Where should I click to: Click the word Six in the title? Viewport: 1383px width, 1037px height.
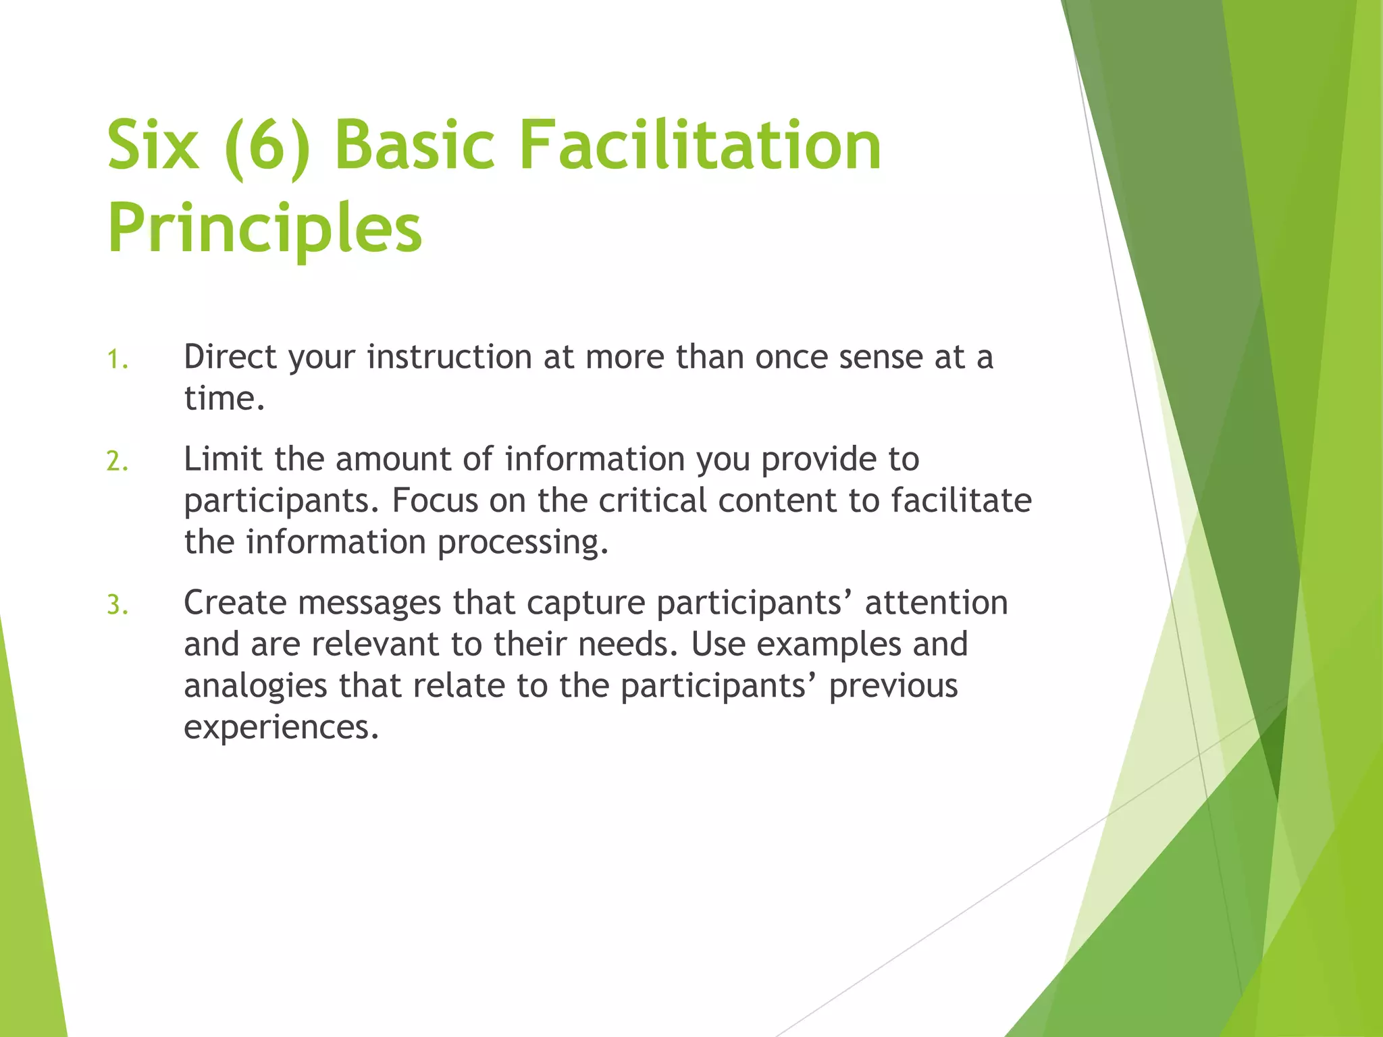[x=153, y=145]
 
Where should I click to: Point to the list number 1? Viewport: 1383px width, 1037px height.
[x=117, y=359]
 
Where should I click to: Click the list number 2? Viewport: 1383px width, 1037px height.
[x=117, y=462]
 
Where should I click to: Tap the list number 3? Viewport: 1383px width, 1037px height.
[x=117, y=605]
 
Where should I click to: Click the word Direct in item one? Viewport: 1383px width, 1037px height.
[x=230, y=356]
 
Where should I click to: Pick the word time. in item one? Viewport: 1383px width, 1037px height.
[x=224, y=398]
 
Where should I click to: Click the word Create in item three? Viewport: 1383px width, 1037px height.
[x=235, y=602]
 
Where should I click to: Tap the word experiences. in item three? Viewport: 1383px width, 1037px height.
[x=281, y=728]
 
